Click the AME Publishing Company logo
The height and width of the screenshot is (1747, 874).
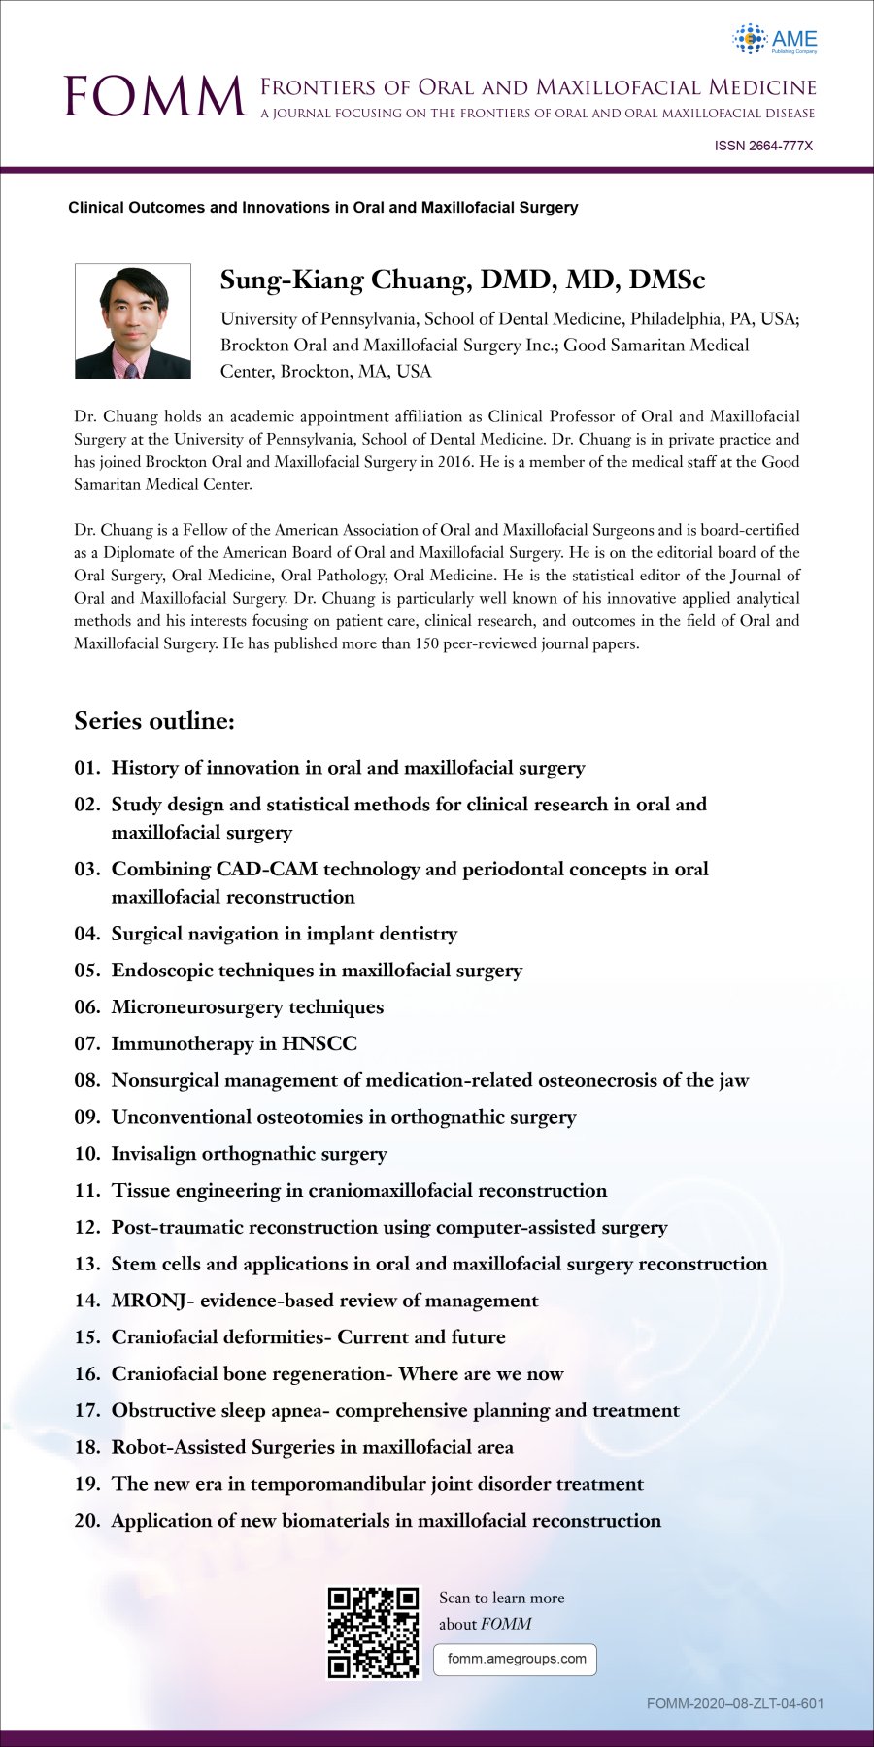775,40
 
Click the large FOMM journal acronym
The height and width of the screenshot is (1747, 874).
155,97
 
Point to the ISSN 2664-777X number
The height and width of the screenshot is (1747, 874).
763,146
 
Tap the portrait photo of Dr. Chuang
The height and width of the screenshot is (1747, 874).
133,321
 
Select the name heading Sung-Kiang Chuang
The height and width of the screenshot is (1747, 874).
462,280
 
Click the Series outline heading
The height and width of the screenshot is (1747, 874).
154,721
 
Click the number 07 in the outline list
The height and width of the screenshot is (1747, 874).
86,1043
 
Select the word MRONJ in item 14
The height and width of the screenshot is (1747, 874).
151,1301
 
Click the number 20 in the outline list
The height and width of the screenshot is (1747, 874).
86,1521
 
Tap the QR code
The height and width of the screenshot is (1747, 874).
374,1632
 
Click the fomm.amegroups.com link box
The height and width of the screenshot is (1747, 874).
515,1659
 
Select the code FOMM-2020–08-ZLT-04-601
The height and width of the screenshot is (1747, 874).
735,1703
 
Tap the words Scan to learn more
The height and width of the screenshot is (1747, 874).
501,1598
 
